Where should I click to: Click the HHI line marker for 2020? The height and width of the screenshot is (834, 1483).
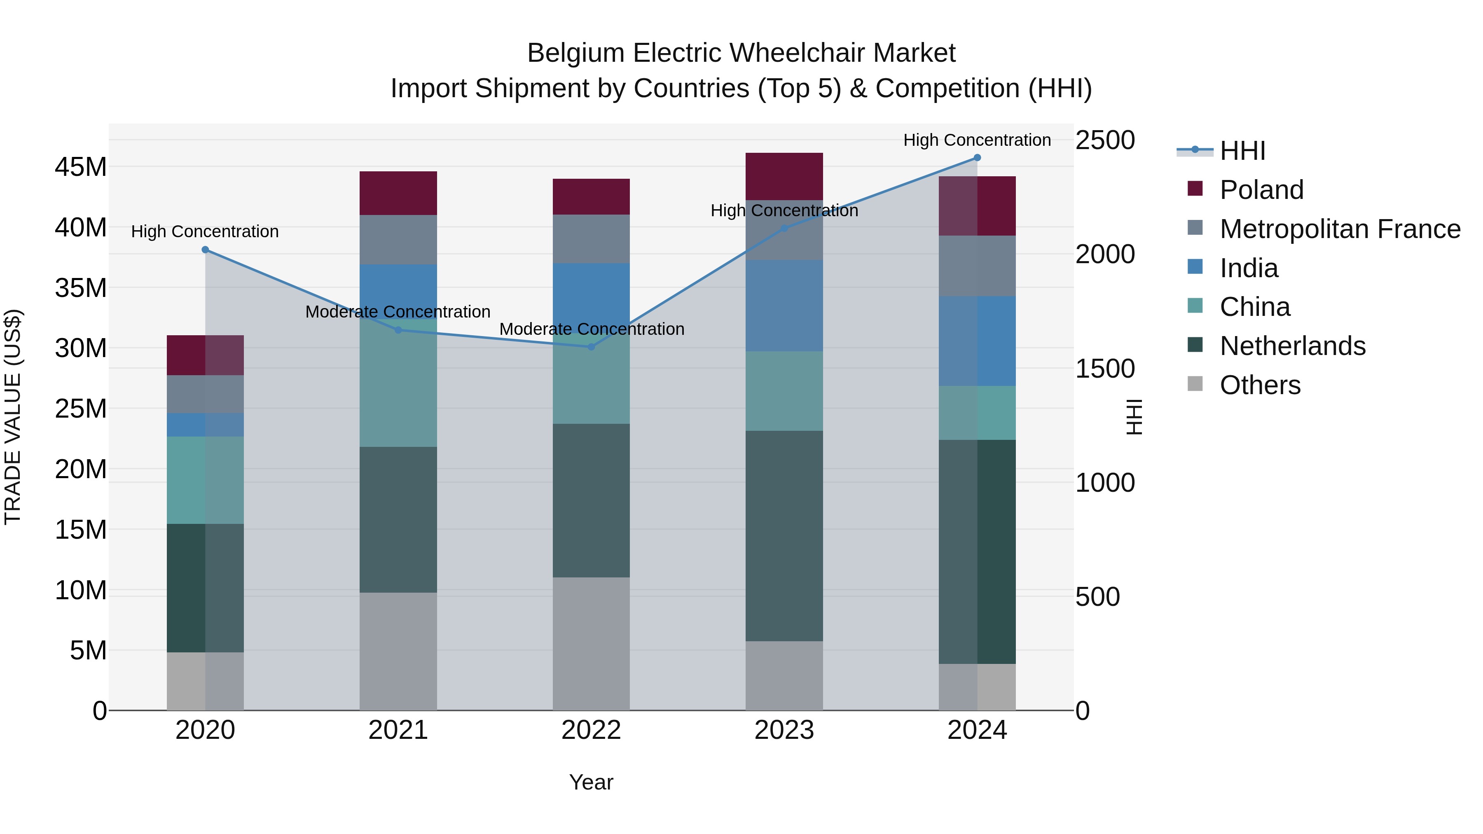click(205, 250)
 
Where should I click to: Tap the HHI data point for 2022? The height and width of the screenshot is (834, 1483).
click(591, 346)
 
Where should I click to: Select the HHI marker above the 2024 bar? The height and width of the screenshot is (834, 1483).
click(977, 158)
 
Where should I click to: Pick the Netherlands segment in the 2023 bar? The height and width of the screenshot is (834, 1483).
click(784, 535)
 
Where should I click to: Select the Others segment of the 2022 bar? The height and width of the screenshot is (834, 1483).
click(591, 643)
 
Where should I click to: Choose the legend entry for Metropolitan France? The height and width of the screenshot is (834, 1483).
click(1340, 229)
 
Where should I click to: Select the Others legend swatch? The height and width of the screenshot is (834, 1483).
click(1195, 384)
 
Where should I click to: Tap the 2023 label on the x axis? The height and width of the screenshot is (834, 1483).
click(784, 730)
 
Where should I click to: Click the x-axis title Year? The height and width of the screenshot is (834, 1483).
click(591, 782)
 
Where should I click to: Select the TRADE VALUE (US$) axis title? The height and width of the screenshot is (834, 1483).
click(13, 417)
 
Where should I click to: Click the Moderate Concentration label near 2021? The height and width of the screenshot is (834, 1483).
click(398, 311)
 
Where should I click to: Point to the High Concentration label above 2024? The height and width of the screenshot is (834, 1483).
click(977, 140)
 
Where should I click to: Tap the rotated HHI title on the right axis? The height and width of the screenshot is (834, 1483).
click(1134, 417)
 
